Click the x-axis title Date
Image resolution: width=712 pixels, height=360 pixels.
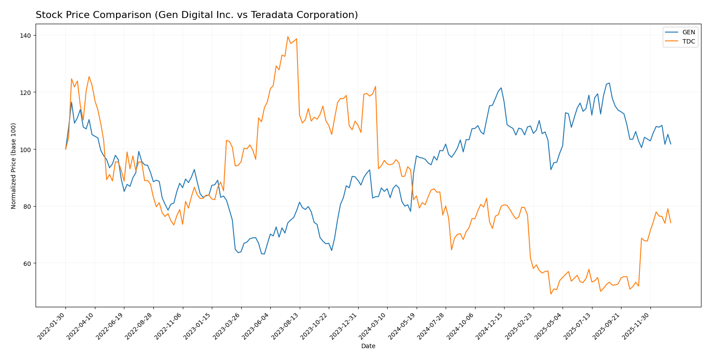pyautogui.click(x=368, y=346)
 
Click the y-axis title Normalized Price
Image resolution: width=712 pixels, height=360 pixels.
pyautogui.click(x=14, y=166)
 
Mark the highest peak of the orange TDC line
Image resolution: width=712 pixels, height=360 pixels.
pyautogui.click(x=288, y=36)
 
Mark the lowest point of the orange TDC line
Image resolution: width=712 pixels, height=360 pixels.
pyautogui.click(x=551, y=294)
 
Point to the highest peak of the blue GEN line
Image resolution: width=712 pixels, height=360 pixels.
pyautogui.click(x=609, y=83)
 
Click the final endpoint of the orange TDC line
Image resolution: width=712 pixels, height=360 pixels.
pyautogui.click(x=671, y=223)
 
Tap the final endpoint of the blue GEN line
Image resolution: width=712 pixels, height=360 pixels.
pyautogui.click(x=671, y=144)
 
